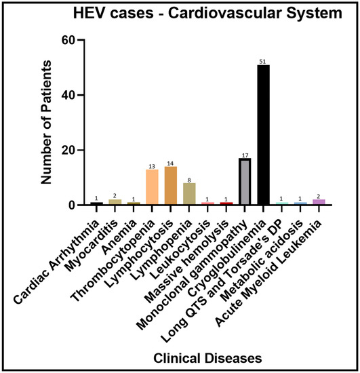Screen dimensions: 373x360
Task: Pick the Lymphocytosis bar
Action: pyautogui.click(x=172, y=185)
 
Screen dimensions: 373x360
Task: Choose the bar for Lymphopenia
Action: pyautogui.click(x=190, y=193)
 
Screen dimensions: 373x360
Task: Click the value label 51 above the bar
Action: pyautogui.click(x=264, y=62)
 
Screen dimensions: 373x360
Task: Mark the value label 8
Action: pyautogui.click(x=190, y=179)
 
